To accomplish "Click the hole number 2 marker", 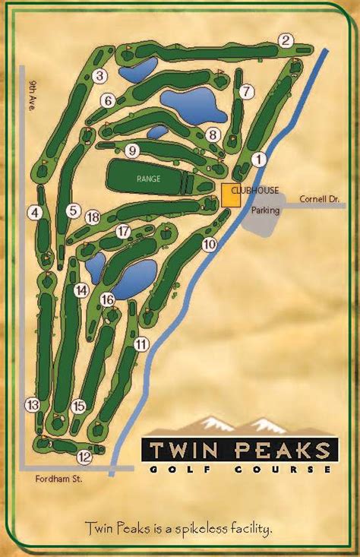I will (286, 41).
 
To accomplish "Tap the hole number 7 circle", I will (245, 92).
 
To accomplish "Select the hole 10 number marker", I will (210, 245).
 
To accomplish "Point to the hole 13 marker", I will (32, 404).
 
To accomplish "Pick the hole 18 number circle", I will (93, 218).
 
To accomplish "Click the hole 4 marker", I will (34, 214).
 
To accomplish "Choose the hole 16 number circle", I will (107, 299).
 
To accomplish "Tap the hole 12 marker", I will (84, 457).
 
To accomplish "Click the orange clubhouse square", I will (231, 195).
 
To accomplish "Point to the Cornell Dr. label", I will (318, 199).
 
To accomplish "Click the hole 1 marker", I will (260, 159).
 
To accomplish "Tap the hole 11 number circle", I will (141, 344).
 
